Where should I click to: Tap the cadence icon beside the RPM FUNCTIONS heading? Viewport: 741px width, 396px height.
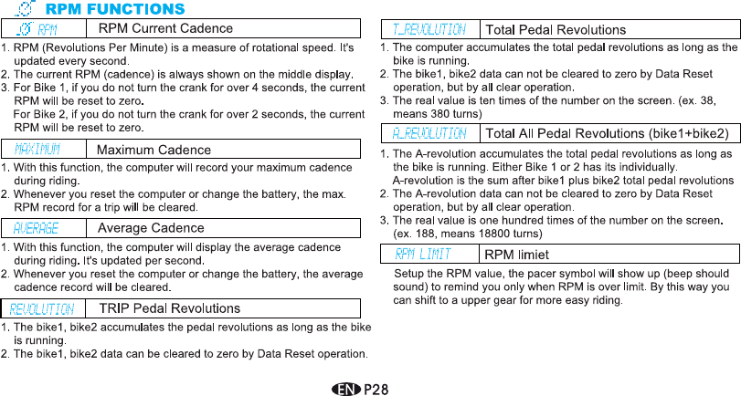pyautogui.click(x=27, y=9)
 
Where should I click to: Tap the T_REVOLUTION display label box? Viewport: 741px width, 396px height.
pyautogui.click(x=429, y=30)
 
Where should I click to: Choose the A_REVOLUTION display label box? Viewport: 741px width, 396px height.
pyautogui.click(x=429, y=133)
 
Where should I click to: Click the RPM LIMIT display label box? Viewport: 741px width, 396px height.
pyautogui.click(x=429, y=254)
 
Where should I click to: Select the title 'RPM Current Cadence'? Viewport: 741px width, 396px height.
pyautogui.click(x=165, y=29)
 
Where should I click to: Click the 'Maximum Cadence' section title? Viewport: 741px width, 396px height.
pyautogui.click(x=153, y=149)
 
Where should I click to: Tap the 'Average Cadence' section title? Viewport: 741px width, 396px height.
pyautogui.click(x=151, y=228)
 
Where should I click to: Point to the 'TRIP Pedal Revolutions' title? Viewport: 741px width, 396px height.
pyautogui.click(x=170, y=308)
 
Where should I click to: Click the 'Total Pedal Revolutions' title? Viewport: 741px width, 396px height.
pyautogui.click(x=555, y=30)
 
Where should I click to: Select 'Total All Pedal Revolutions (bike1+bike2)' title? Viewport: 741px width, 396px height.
pyautogui.click(x=607, y=133)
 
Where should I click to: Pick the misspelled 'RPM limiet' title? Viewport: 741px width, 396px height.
pyautogui.click(x=516, y=254)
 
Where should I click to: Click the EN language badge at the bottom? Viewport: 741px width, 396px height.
pyautogui.click(x=347, y=388)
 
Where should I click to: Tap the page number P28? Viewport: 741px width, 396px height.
pyautogui.click(x=377, y=388)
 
